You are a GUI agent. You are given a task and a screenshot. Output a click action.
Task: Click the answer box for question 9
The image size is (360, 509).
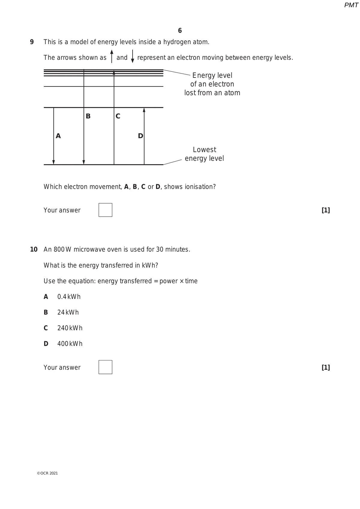click(x=105, y=210)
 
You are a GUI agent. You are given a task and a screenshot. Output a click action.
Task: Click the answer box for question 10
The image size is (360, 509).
click(x=105, y=367)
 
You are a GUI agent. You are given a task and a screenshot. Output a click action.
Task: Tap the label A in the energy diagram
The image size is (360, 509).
click(x=58, y=136)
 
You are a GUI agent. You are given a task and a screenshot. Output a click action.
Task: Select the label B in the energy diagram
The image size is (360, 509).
click(x=88, y=116)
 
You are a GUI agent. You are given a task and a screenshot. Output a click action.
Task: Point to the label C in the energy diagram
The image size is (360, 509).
click(x=118, y=116)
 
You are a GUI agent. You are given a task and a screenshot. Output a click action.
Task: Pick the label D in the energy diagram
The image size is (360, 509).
click(x=140, y=136)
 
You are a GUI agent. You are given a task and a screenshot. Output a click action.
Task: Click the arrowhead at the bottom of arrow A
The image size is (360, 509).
click(x=54, y=162)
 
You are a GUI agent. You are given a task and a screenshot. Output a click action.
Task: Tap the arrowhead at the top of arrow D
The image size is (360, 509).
click(x=144, y=110)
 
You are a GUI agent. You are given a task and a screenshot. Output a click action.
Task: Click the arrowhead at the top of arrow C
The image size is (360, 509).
click(x=114, y=72)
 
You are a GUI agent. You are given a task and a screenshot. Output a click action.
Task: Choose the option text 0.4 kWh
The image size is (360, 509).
click(x=69, y=297)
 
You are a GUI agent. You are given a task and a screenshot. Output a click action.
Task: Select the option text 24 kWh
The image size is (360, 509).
click(x=68, y=312)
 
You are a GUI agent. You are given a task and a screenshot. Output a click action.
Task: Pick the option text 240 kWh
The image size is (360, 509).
click(x=70, y=328)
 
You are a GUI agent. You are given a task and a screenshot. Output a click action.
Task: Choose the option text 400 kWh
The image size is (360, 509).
click(x=70, y=344)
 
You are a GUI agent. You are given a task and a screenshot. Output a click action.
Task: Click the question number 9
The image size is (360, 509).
click(x=32, y=42)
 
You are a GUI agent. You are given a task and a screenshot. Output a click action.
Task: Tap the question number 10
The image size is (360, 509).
click(x=34, y=249)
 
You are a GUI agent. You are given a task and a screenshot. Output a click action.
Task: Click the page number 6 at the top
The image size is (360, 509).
click(x=180, y=31)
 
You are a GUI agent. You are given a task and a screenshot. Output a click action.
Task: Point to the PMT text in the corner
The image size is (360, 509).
click(x=351, y=5)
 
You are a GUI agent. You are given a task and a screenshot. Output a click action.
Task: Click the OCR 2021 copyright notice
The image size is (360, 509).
click(x=47, y=473)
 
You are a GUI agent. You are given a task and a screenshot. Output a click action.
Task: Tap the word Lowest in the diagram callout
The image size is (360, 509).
click(x=204, y=149)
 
